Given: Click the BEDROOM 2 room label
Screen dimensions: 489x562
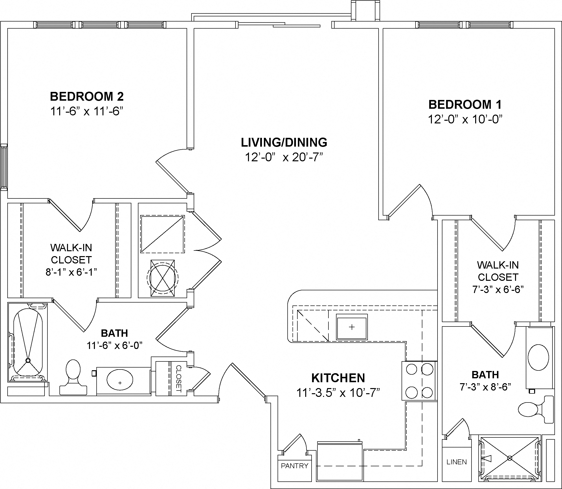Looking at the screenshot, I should pyautogui.click(x=87, y=96).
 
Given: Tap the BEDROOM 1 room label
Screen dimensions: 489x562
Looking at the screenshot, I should pyautogui.click(x=465, y=105).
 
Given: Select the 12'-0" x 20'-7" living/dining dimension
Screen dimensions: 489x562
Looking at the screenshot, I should pyautogui.click(x=284, y=157).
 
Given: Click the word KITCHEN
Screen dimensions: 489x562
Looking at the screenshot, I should pyautogui.click(x=338, y=378).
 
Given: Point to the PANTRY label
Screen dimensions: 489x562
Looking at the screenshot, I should pyautogui.click(x=294, y=466).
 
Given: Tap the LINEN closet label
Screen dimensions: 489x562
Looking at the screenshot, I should pyautogui.click(x=457, y=462).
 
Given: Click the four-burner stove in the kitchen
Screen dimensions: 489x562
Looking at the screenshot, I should pyautogui.click(x=419, y=381).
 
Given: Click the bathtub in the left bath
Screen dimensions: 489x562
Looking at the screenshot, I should pyautogui.click(x=28, y=342).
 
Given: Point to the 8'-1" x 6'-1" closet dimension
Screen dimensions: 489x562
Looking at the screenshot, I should pyautogui.click(x=71, y=272).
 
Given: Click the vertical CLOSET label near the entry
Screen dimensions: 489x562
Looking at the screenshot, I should pyautogui.click(x=178, y=379).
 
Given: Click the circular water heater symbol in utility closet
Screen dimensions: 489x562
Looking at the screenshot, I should pyautogui.click(x=162, y=278).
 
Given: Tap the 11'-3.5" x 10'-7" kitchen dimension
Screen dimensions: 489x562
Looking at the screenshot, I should pyautogui.click(x=338, y=393).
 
